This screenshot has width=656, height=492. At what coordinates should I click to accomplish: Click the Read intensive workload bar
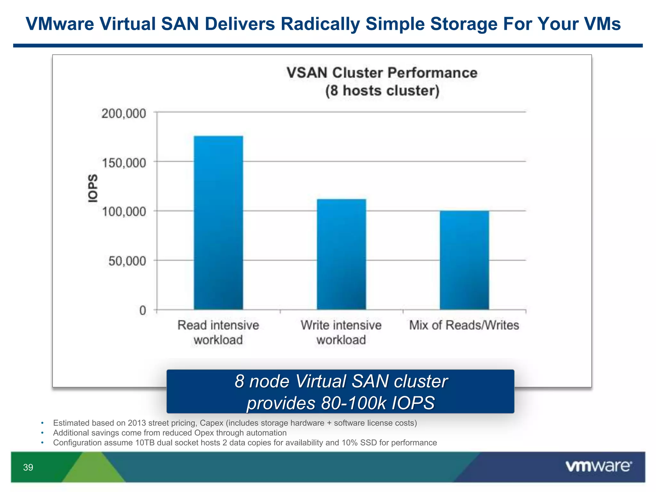218,223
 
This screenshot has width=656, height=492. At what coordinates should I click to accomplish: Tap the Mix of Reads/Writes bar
464,260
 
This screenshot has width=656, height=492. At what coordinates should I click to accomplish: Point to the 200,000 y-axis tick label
124,113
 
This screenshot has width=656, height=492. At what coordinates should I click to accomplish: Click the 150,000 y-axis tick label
124,163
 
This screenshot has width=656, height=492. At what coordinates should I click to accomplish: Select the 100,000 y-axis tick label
124,212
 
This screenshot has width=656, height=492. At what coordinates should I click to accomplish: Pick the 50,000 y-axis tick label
127,261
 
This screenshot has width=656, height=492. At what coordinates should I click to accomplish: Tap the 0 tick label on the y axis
143,310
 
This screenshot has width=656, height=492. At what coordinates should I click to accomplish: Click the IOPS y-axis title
93,188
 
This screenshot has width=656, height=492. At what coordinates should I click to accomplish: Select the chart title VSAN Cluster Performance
382,73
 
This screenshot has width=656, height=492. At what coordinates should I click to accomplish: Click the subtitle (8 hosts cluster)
382,91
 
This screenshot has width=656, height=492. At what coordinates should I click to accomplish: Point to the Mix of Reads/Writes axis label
464,325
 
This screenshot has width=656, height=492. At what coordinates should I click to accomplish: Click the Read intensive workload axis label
218,332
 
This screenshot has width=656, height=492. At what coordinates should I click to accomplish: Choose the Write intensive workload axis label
341,332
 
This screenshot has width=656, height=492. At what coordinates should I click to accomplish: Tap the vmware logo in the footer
599,466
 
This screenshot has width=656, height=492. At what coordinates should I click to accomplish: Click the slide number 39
28,467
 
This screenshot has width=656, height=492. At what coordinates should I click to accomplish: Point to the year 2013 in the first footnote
137,423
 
